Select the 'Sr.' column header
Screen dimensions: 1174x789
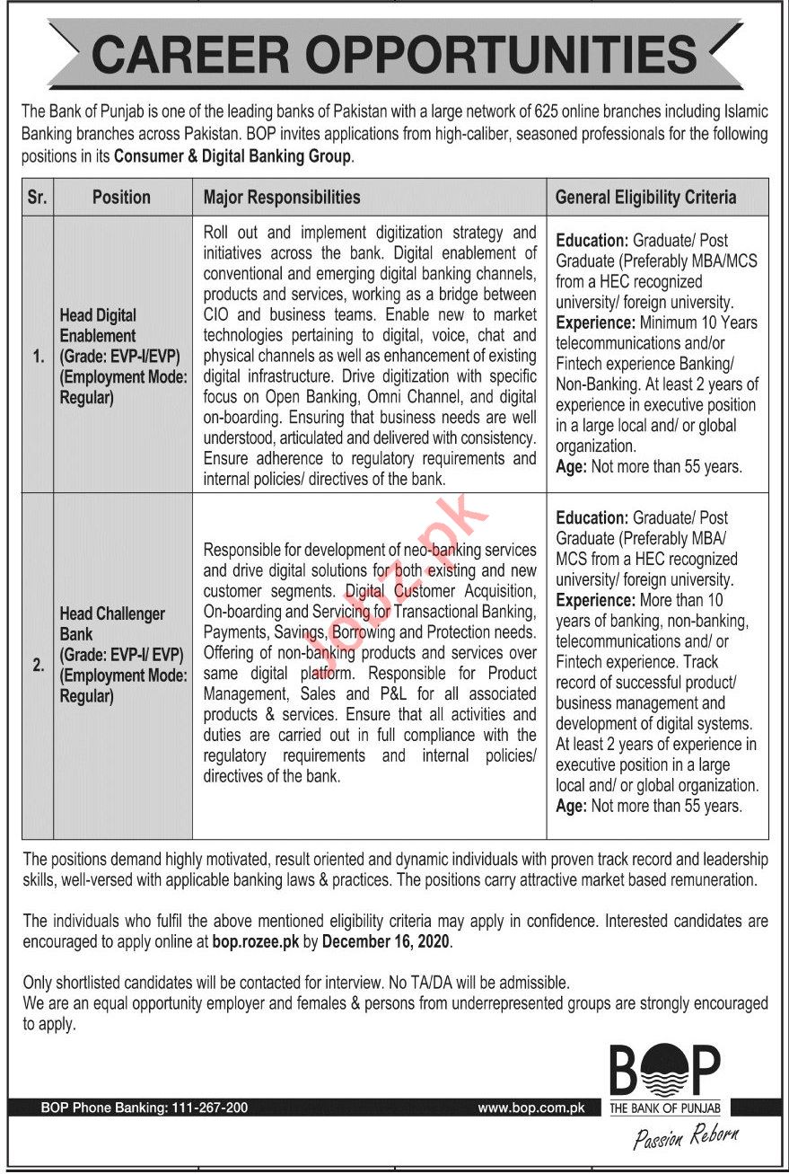pos(37,198)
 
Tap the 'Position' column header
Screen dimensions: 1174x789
pos(121,198)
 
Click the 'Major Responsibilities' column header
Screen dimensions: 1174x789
pos(282,198)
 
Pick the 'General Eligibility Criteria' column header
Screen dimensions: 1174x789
pos(645,198)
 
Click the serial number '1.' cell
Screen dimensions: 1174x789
pos(37,357)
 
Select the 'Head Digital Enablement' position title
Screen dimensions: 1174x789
pos(99,325)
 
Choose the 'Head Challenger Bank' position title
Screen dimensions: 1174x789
pos(112,623)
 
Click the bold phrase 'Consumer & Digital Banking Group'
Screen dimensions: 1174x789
pos(234,155)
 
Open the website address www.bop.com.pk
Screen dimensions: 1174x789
pos(530,1108)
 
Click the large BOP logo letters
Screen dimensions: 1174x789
pos(665,1071)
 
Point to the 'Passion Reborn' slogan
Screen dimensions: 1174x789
pos(686,1138)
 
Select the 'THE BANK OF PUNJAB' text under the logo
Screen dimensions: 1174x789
pos(665,1108)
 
